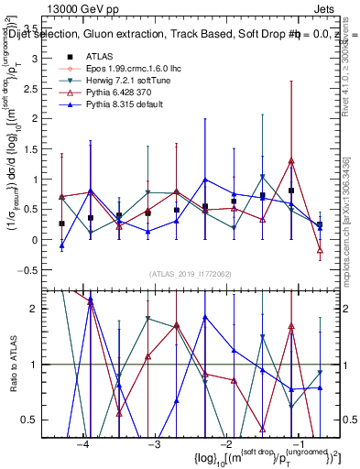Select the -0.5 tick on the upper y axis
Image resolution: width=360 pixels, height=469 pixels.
35,269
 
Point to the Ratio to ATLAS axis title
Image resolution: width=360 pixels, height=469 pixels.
15,365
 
